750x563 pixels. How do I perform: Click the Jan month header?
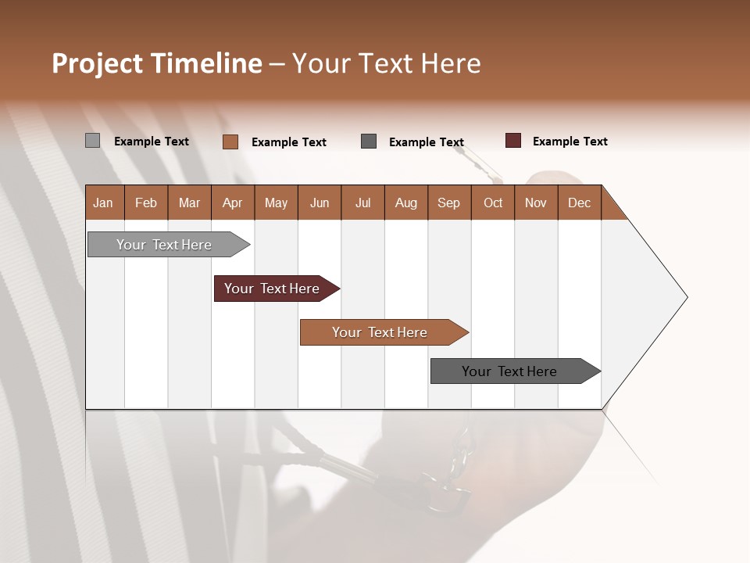[x=103, y=203]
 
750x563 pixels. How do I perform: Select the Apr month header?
[x=232, y=203]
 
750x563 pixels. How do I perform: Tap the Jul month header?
[x=362, y=203]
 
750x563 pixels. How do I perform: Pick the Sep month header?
[x=448, y=203]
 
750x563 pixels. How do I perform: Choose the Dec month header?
[x=579, y=203]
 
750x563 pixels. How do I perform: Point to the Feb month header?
[x=146, y=203]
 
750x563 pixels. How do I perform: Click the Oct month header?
[x=493, y=203]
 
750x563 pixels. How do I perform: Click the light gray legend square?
[x=92, y=141]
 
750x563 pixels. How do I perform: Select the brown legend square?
[x=230, y=142]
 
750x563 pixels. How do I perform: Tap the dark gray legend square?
[x=369, y=142]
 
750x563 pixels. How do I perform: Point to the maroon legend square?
[x=512, y=141]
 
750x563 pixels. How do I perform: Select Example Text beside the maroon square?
[x=570, y=142]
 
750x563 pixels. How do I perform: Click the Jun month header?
[x=320, y=203]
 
